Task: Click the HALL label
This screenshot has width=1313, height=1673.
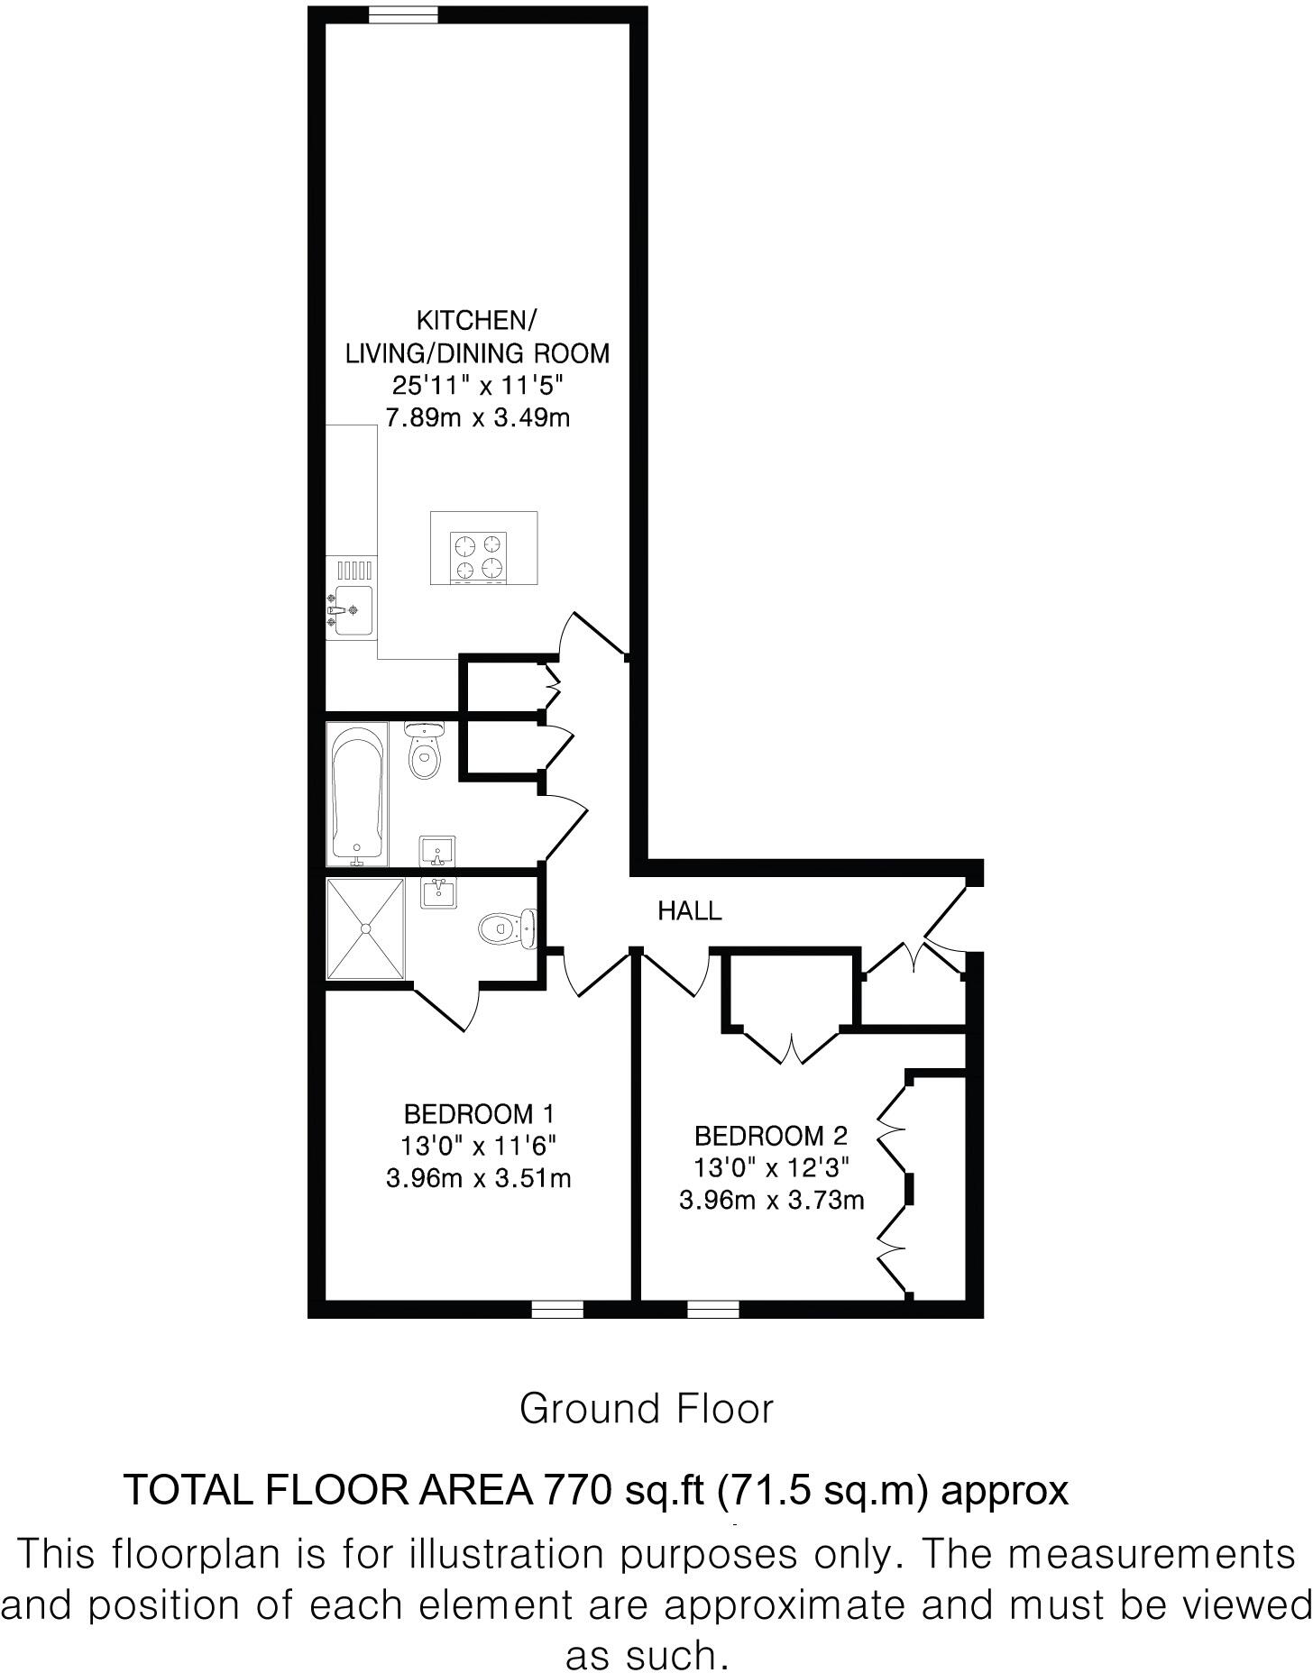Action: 690,911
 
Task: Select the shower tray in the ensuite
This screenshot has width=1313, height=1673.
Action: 366,928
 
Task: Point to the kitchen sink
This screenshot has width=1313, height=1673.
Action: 351,605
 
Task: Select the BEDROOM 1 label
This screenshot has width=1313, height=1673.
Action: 478,1114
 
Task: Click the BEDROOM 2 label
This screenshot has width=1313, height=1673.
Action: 770,1136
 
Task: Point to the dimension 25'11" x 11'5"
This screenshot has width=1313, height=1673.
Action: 478,386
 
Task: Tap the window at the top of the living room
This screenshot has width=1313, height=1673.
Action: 403,13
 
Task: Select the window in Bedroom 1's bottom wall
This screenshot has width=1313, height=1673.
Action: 556,1309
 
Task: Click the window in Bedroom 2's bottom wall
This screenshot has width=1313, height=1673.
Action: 712,1309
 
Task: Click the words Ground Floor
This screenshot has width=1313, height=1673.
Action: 647,1409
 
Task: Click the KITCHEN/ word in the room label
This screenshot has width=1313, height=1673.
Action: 477,320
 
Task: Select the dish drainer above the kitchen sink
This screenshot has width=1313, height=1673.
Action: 353,570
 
